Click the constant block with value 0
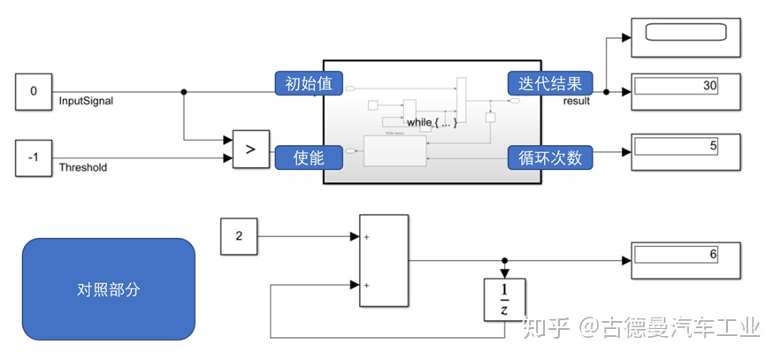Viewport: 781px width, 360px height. [x=34, y=91]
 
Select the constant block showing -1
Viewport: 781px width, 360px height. [x=34, y=158]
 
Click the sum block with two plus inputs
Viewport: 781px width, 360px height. [x=384, y=261]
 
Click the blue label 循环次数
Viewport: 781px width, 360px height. [x=548, y=157]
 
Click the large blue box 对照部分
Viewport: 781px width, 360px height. [x=108, y=289]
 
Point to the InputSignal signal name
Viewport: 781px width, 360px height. [x=86, y=101]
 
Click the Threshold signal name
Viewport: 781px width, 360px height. [x=83, y=167]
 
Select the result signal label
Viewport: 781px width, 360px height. [x=577, y=101]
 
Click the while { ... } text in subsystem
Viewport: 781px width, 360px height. [x=430, y=121]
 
